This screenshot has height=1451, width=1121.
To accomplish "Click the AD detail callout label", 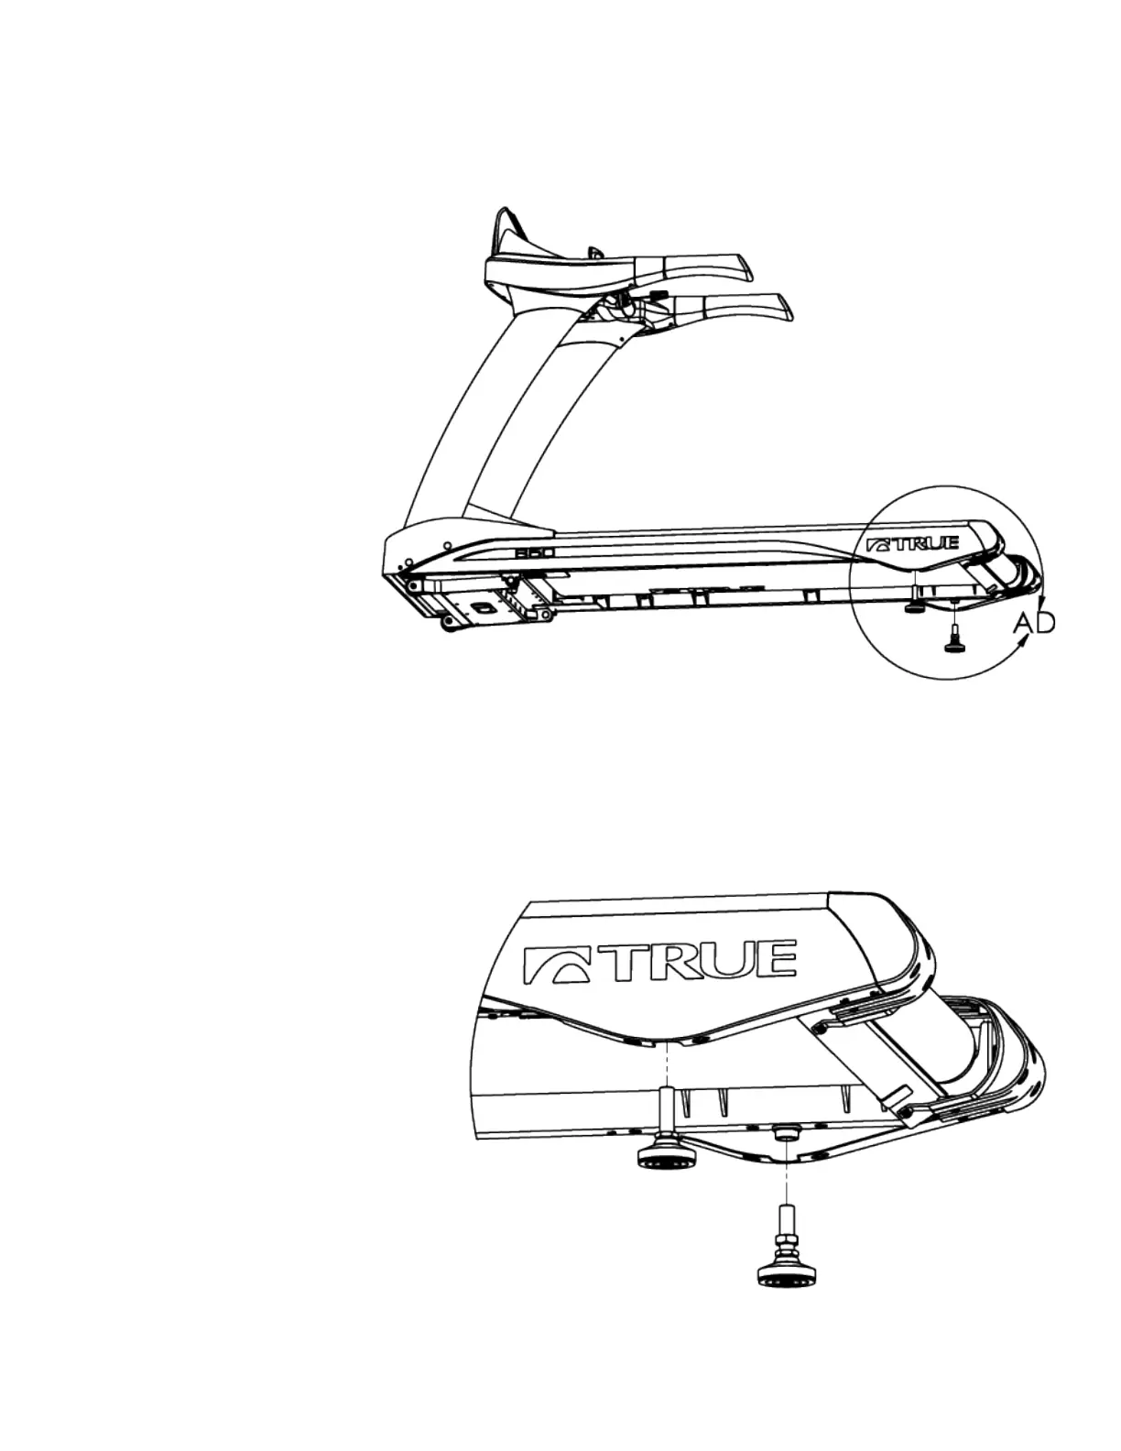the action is point(1035,623).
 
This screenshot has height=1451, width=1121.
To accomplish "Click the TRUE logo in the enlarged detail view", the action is point(659,960).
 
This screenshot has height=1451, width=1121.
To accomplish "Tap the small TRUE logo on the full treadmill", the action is point(912,544).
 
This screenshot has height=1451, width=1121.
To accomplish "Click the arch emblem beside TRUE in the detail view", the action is point(554,964).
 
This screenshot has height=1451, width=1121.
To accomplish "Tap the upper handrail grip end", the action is point(733,267).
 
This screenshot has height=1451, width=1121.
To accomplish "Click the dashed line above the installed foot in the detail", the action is point(668,1062).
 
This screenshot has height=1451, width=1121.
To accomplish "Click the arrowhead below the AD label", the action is point(1027,647).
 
